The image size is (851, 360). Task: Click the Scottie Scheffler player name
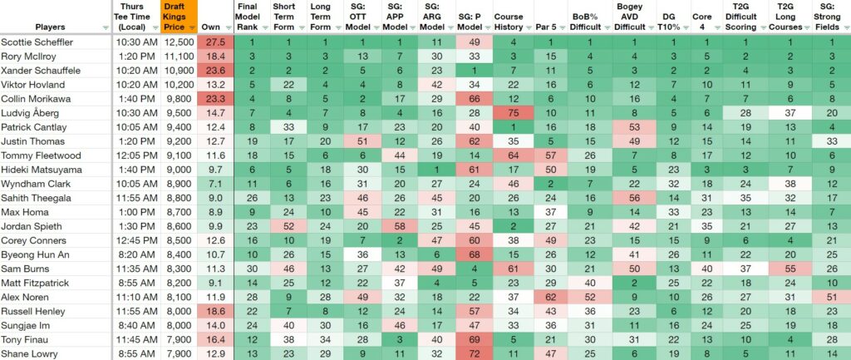[x=37, y=42]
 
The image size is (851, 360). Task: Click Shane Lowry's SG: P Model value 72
[x=473, y=353]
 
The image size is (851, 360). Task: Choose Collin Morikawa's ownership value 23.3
[x=215, y=99]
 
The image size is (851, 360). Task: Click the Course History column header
[x=509, y=22]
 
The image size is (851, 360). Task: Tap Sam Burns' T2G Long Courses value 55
[x=790, y=269]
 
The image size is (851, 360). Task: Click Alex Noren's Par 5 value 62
[x=550, y=297]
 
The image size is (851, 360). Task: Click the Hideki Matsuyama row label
[x=40, y=170]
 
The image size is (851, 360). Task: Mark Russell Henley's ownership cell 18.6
[x=215, y=311]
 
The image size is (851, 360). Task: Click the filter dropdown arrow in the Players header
[x=106, y=27]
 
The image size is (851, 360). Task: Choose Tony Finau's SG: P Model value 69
[x=473, y=339]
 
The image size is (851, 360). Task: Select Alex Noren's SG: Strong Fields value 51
[x=831, y=297]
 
